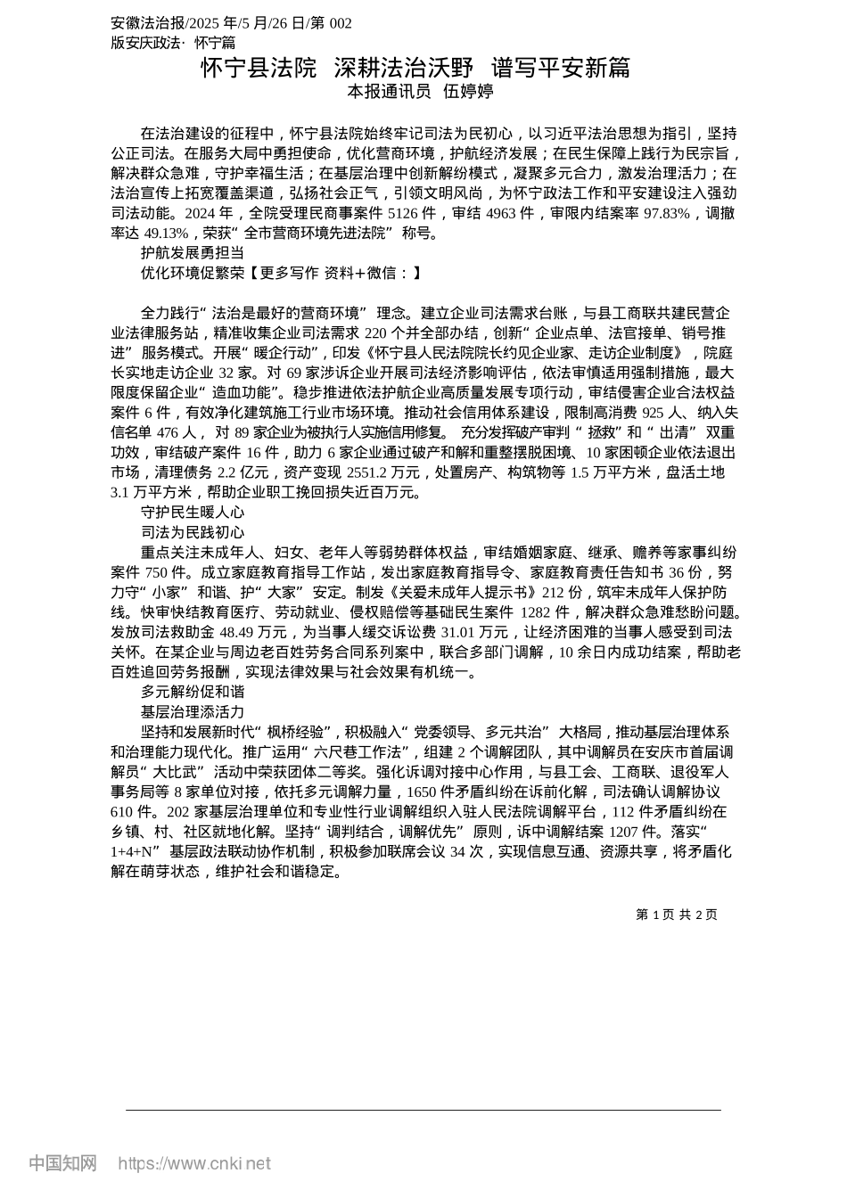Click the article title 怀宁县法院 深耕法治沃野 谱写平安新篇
click(x=415, y=68)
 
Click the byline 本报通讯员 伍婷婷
click(x=420, y=91)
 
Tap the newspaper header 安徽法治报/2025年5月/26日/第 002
click(x=232, y=23)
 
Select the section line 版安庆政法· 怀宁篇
click(x=173, y=42)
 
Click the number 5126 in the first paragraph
click(x=406, y=213)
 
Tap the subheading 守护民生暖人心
click(x=193, y=513)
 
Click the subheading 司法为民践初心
click(x=193, y=532)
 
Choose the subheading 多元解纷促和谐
click(x=193, y=692)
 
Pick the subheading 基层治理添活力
click(x=193, y=711)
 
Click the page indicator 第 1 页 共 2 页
click(x=677, y=915)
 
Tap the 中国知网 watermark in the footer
click(x=62, y=1163)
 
